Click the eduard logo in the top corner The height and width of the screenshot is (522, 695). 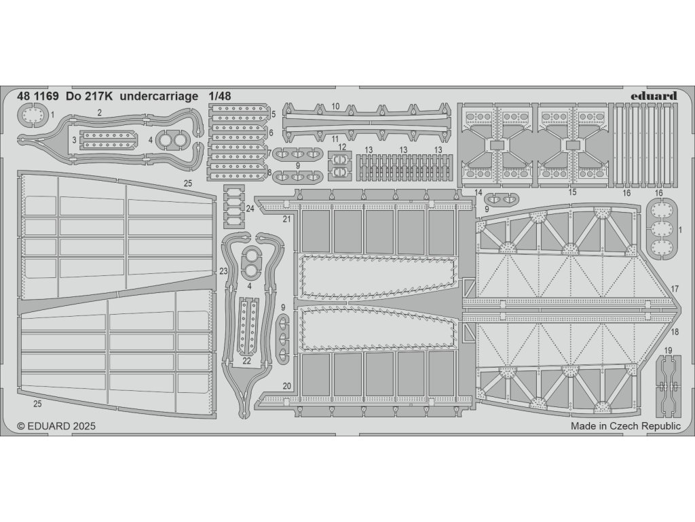653,96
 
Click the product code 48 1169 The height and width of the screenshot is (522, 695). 38,96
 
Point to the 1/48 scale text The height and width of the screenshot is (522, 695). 221,96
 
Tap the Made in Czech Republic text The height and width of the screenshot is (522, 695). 625,426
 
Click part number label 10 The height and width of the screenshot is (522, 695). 336,107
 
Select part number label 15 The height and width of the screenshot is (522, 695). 572,192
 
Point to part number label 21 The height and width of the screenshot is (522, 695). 286,218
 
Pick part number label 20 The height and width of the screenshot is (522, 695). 287,386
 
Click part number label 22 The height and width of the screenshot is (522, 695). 246,361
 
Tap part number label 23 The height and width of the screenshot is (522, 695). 223,271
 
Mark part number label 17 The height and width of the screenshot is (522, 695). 675,289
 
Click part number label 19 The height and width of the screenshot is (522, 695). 668,351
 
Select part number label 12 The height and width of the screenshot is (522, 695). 342,147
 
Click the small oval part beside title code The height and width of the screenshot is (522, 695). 32,119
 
